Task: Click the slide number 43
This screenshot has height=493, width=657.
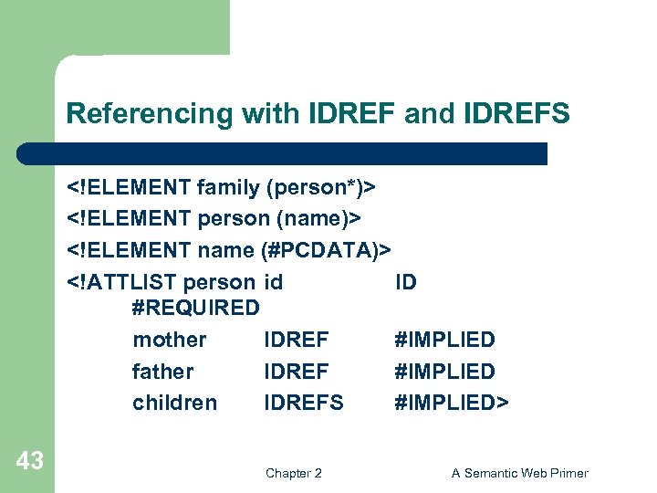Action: (29, 461)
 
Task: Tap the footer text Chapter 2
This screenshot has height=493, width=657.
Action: (293, 473)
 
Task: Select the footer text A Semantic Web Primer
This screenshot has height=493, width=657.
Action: (520, 473)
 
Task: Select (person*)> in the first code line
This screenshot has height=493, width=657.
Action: (321, 187)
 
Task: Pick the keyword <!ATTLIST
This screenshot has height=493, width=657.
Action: (122, 281)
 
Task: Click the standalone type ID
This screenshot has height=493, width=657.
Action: (405, 281)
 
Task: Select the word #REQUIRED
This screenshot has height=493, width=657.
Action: (196, 308)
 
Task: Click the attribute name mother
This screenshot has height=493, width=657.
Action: (170, 340)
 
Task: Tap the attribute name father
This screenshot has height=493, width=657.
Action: (163, 372)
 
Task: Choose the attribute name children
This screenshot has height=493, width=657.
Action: (175, 403)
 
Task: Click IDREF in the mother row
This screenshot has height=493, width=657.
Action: (297, 340)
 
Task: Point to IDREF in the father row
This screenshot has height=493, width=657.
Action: (297, 372)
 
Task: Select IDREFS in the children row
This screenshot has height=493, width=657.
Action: (304, 403)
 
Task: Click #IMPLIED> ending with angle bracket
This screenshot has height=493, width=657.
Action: (452, 403)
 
